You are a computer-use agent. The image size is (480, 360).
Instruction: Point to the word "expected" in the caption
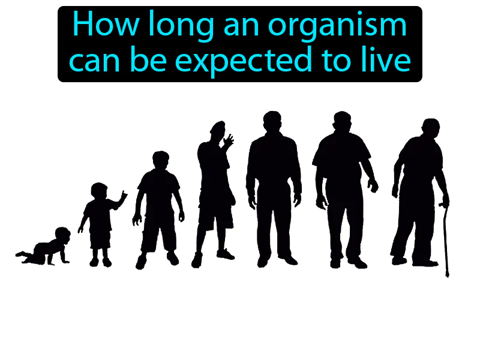tap(239, 61)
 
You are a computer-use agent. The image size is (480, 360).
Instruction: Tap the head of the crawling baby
tap(62, 235)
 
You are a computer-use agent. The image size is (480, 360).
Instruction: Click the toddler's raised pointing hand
tap(124, 196)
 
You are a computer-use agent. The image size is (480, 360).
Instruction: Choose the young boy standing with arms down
tap(158, 210)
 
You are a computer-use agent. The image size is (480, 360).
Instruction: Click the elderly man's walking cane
tap(445, 240)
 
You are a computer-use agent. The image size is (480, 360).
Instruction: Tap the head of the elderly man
tap(430, 128)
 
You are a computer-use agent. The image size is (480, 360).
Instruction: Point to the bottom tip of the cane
tap(447, 275)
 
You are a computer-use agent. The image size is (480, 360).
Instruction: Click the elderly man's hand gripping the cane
tap(443, 202)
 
